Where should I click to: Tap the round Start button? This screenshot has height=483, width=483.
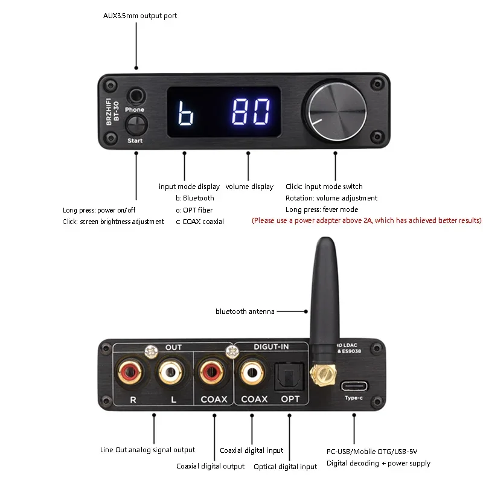pos(136,126)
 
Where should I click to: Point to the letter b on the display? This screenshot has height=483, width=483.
pos(186,112)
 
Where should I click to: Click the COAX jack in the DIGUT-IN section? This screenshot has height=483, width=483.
pos(252,374)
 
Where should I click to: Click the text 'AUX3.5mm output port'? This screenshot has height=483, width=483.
pos(140,16)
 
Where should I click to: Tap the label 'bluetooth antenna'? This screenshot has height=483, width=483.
pos(245,312)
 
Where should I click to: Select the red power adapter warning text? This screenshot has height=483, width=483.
pos(366,221)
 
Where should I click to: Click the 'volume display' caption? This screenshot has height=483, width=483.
pos(249,187)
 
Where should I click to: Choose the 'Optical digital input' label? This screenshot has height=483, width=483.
pos(286,467)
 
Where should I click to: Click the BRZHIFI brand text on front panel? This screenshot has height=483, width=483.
pos(110,100)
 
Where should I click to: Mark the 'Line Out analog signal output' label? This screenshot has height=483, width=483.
pos(147,450)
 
